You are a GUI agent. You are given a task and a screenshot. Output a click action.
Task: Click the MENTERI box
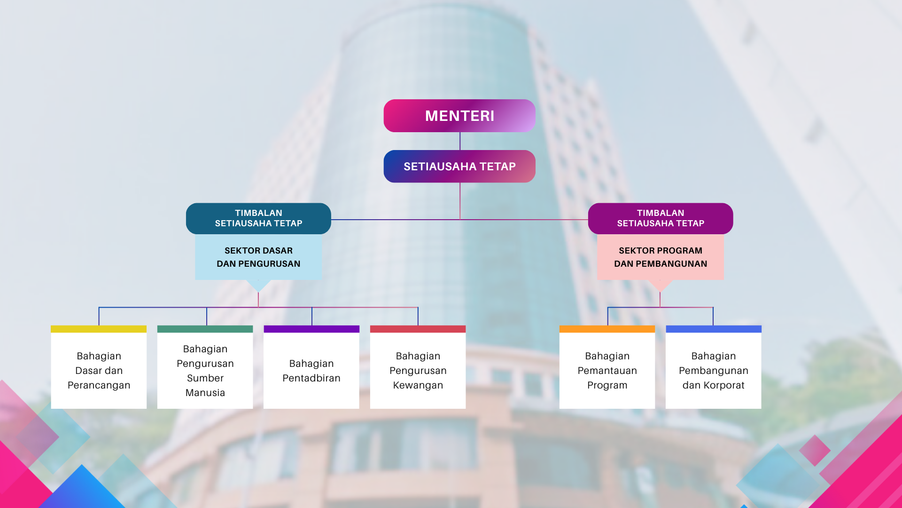459,116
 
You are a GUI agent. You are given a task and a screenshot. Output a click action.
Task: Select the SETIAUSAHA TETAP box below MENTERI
459,167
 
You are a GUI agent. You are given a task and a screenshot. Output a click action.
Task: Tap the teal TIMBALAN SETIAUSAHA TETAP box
258,218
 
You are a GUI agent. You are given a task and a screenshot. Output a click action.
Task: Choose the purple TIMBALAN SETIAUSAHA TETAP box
661,218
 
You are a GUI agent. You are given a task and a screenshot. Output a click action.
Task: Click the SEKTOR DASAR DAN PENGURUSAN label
258,257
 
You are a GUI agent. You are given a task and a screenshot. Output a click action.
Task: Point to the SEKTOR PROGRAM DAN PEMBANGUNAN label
661,257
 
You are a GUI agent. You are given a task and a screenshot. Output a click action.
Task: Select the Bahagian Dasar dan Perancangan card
99,371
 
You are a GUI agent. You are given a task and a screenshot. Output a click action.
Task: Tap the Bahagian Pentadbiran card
311,371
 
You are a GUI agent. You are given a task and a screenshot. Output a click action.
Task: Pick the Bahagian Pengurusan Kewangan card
418,371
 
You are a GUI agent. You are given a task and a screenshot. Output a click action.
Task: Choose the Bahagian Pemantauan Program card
607,371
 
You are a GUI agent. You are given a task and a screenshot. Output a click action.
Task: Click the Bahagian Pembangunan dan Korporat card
713,371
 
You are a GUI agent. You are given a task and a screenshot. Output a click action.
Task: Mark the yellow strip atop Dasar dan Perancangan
99,329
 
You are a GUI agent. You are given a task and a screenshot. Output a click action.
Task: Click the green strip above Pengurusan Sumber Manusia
205,329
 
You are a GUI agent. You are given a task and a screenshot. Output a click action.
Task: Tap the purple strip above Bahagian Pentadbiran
311,329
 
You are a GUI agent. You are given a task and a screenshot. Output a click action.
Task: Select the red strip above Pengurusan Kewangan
418,329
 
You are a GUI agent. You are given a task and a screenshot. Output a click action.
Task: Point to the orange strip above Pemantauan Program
607,329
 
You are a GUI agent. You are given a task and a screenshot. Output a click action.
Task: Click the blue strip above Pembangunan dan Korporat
713,329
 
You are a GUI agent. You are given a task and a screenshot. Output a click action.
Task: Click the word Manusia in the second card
205,393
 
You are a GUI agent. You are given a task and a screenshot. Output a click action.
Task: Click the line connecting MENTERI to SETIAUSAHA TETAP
460,141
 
